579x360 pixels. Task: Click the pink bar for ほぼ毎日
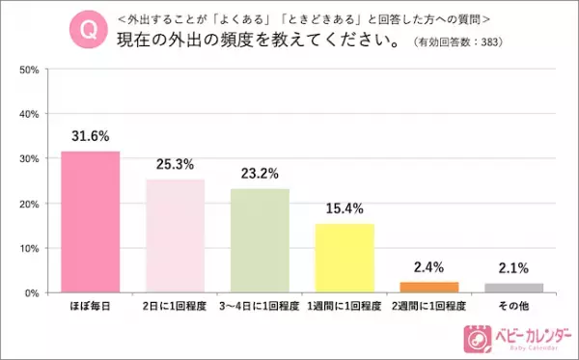(91, 221)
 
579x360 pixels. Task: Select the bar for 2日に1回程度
(176, 235)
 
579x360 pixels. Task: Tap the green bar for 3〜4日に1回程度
(260, 239)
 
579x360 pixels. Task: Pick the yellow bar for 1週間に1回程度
(345, 258)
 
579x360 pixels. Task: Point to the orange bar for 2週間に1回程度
(429, 287)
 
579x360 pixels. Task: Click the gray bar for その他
(513, 288)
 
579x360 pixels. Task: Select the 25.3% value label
(176, 166)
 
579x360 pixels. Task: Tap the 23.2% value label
(260, 175)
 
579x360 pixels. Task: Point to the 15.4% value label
(345, 210)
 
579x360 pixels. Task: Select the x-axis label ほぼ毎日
(91, 306)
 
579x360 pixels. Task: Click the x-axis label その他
(513, 306)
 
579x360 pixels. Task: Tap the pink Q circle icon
(86, 29)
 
